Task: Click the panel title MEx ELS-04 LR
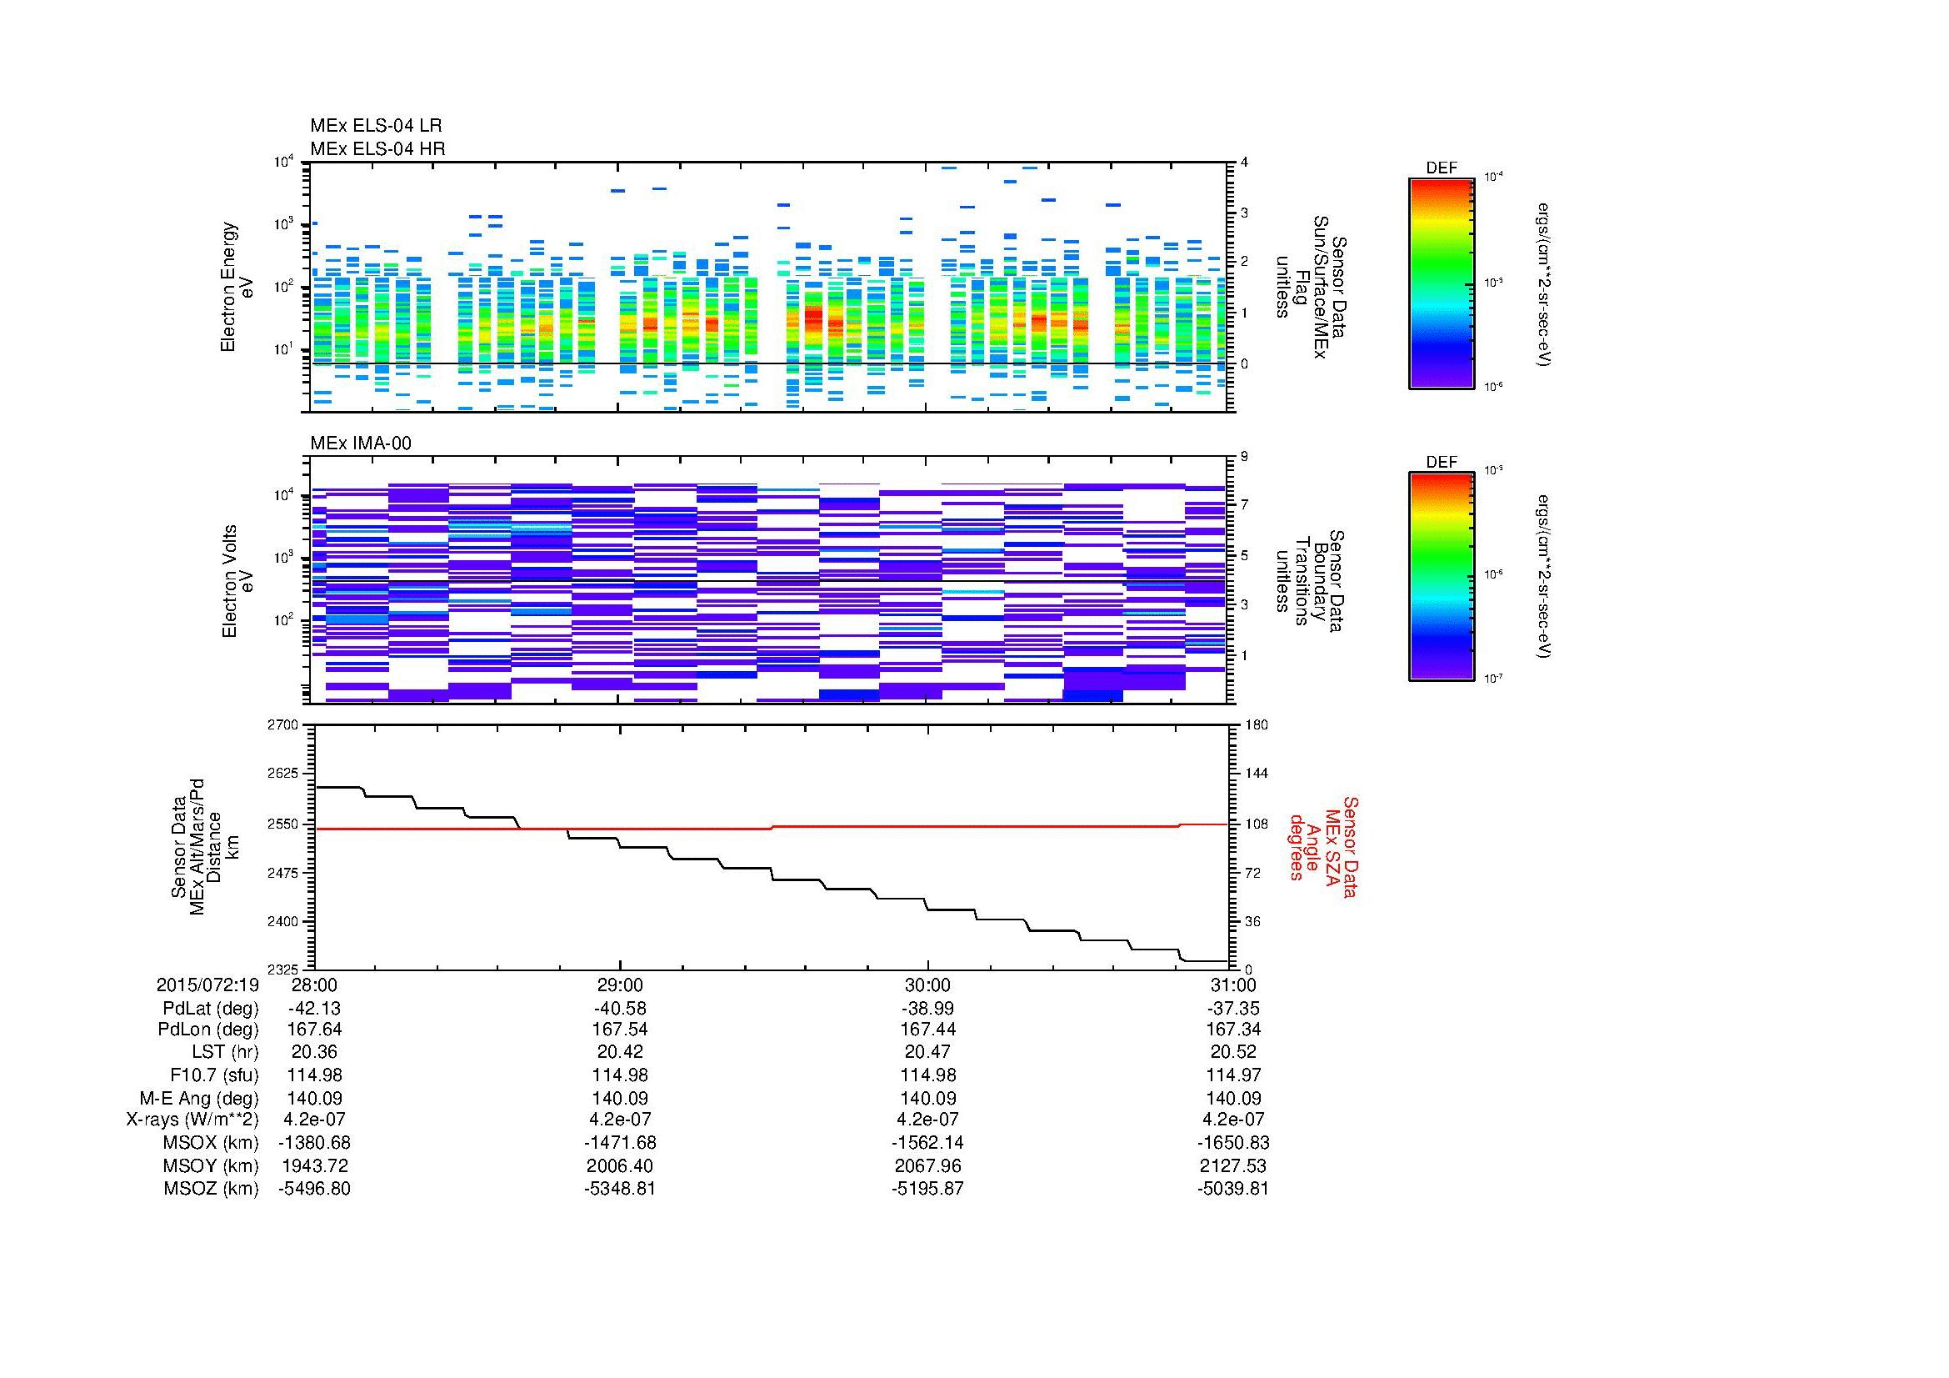click(375, 126)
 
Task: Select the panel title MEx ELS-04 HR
click(377, 148)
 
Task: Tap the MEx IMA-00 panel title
click(360, 443)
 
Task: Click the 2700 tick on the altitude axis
click(283, 724)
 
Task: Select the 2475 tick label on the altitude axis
click(283, 873)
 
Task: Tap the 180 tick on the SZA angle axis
click(1255, 724)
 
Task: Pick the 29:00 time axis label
click(621, 985)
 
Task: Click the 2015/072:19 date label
click(207, 985)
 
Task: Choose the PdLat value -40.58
click(621, 1008)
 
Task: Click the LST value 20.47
click(927, 1052)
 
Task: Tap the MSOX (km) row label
click(212, 1143)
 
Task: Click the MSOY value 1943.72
click(315, 1165)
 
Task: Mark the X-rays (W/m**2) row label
click(192, 1120)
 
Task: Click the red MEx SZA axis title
click(1322, 846)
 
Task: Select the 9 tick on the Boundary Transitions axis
click(1244, 456)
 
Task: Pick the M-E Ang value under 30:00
click(927, 1098)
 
